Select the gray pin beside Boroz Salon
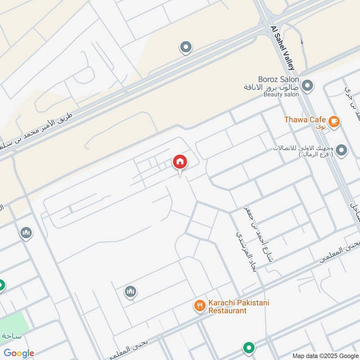307,85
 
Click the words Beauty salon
281,94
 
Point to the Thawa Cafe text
304,120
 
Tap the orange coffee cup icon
333,121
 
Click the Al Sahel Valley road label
282,47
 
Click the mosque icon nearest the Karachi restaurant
130,292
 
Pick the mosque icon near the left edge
26,233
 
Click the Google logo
19,353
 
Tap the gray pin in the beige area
185,46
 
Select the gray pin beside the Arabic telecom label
341,151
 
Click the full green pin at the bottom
248,347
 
